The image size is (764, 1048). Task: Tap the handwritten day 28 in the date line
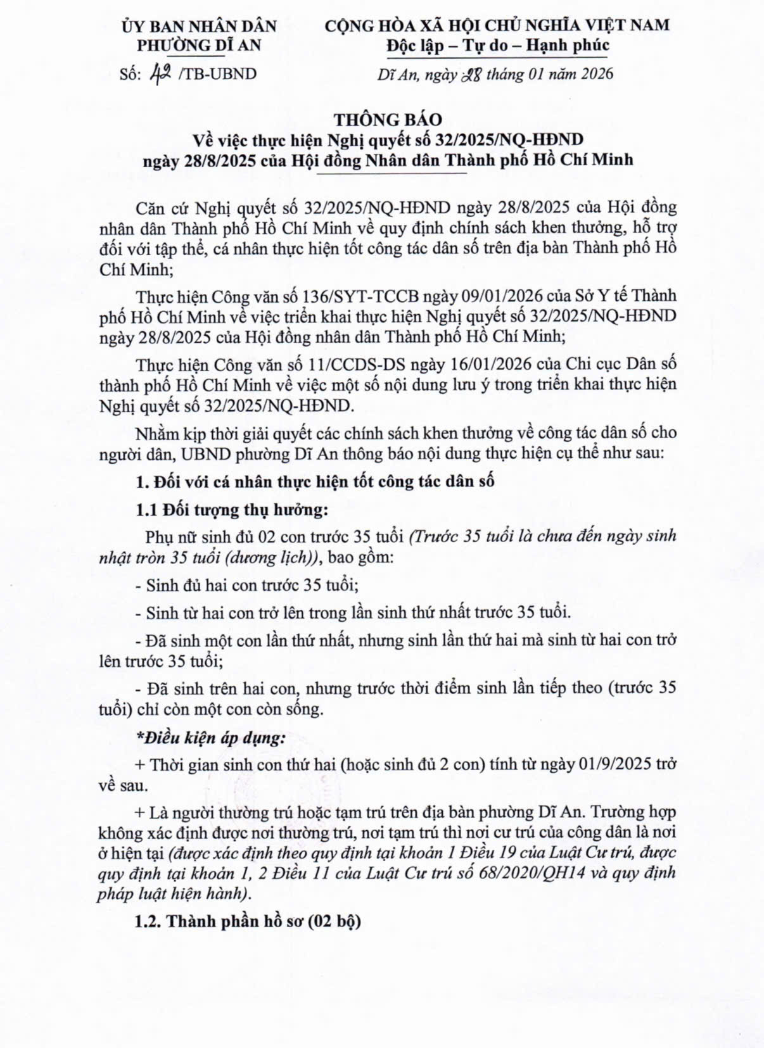[474, 74]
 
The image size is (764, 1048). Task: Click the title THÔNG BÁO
[388, 119]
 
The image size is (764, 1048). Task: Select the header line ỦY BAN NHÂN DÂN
[199, 26]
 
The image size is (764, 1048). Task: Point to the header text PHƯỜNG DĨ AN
[199, 46]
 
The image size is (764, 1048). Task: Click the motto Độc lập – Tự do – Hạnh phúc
[498, 46]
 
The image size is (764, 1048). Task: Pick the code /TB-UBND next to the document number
[218, 74]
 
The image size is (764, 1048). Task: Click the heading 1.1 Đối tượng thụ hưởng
[232, 510]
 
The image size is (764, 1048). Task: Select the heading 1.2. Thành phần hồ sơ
[248, 920]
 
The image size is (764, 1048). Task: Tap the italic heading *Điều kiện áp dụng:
[212, 737]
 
